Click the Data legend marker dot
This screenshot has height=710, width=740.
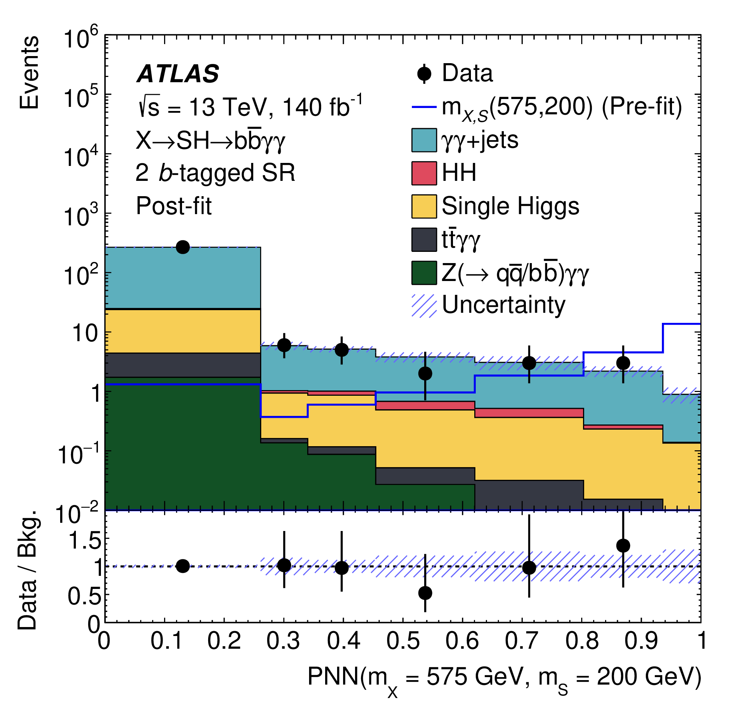point(424,73)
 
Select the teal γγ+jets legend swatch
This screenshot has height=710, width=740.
point(424,141)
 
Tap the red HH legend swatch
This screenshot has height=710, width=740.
point(424,173)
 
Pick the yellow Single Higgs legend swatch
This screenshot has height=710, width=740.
point(424,207)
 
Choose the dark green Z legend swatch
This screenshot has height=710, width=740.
point(424,272)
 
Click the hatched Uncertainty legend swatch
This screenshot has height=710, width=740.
point(424,305)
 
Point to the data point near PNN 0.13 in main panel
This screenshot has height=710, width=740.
point(183,247)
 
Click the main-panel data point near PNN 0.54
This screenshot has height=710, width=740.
point(425,374)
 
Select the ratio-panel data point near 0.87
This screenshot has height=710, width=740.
point(623,546)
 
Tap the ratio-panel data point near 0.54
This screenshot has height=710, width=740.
point(425,593)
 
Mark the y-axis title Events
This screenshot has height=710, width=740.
point(30,72)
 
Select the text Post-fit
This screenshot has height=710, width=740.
point(174,206)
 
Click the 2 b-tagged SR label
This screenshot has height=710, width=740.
point(215,173)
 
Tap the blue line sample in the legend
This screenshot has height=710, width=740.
point(424,107)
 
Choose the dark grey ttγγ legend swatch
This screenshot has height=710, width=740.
point(424,239)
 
